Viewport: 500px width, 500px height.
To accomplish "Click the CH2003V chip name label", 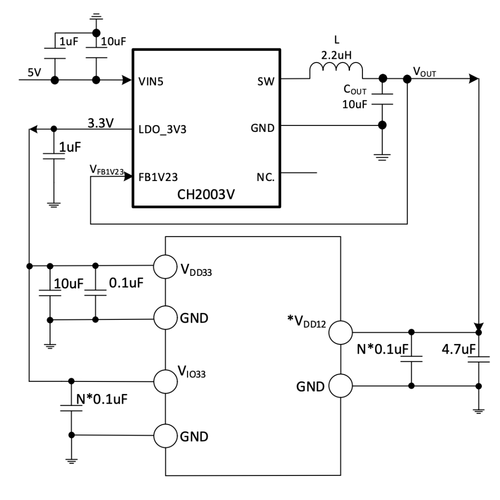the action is [206, 194].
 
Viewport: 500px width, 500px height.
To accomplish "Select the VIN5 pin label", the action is [151, 81].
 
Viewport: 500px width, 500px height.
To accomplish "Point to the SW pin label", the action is [266, 81].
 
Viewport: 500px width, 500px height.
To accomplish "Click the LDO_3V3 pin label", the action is [162, 130].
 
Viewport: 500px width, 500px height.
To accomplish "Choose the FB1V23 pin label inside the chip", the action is [158, 177].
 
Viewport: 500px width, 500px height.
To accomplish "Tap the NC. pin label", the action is [266, 177].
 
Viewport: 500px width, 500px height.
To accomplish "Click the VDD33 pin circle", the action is [165, 267].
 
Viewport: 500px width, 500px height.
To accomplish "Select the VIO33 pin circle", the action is [165, 381].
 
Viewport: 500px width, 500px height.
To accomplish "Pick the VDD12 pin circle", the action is [341, 332].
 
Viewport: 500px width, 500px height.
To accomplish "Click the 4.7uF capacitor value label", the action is [458, 349].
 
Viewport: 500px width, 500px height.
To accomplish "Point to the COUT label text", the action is [355, 90].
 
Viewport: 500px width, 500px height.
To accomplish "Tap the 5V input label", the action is [34, 72].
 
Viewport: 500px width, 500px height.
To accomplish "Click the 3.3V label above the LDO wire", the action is [101, 123].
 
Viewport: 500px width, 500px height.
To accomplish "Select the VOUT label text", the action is [425, 72].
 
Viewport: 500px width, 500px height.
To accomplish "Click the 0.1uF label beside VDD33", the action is [126, 283].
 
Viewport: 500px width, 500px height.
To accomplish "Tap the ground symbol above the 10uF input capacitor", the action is [96, 16].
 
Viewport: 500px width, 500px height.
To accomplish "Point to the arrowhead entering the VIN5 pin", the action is [127, 80].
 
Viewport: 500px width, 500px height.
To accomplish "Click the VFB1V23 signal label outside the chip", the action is [106, 169].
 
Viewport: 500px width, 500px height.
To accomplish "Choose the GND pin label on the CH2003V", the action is [262, 128].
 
